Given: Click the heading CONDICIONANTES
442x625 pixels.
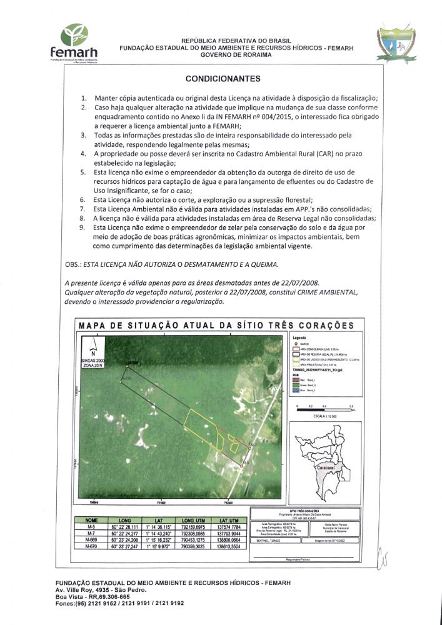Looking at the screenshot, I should point(223,79).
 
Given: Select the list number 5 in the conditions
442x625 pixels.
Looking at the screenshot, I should point(84,171).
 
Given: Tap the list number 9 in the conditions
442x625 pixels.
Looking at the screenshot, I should point(84,229).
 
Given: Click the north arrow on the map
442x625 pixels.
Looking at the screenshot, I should point(93,345).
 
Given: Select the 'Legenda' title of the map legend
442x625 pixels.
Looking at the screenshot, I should point(301,338).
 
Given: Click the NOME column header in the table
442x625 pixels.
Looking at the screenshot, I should point(91,519).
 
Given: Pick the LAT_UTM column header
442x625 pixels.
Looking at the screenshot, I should point(231,519).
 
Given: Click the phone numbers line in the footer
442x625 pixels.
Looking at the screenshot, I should point(119,604).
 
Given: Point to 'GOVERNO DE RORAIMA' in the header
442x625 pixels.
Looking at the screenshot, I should point(236,54).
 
